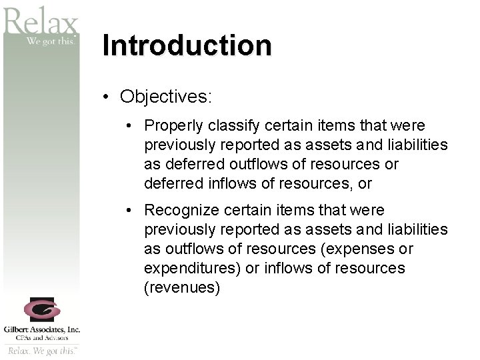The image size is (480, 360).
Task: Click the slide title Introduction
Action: tap(187, 46)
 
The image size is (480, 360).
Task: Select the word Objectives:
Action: tap(166, 97)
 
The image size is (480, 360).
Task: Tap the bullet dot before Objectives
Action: tap(107, 97)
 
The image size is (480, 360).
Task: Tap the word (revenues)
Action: tap(182, 288)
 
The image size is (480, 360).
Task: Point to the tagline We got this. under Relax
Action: tap(52, 41)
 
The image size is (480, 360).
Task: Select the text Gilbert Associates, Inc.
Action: tap(41, 329)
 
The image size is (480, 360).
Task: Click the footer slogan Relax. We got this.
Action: tap(42, 351)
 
